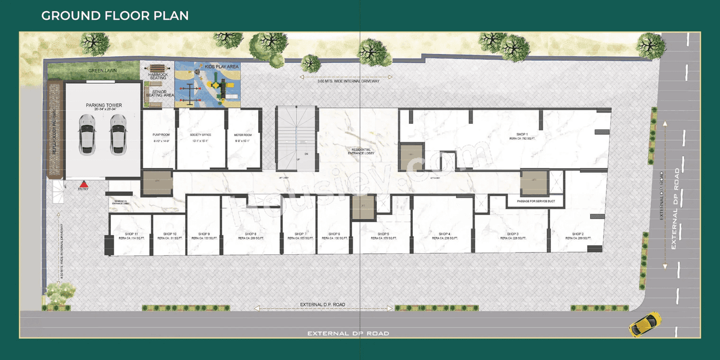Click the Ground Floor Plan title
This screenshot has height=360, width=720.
click(115, 15)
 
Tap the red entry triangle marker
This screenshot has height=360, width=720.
click(83, 184)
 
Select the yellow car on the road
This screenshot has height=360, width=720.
click(645, 323)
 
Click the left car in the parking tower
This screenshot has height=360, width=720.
click(87, 134)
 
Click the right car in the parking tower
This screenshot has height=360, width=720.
click(118, 134)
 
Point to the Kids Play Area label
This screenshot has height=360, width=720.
click(222, 67)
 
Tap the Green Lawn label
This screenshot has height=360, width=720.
click(102, 71)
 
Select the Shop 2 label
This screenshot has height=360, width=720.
click(578, 234)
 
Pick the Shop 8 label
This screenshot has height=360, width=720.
click(251, 234)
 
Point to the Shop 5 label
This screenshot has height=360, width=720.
click(384, 234)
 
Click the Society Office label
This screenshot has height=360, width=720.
click(200, 135)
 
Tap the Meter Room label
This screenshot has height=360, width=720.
click(242, 135)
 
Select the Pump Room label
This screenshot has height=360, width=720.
click(161, 135)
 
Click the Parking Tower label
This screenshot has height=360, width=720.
click(103, 105)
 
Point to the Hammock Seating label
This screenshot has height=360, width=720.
click(158, 76)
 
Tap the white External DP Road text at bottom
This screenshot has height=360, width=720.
click(348, 334)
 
